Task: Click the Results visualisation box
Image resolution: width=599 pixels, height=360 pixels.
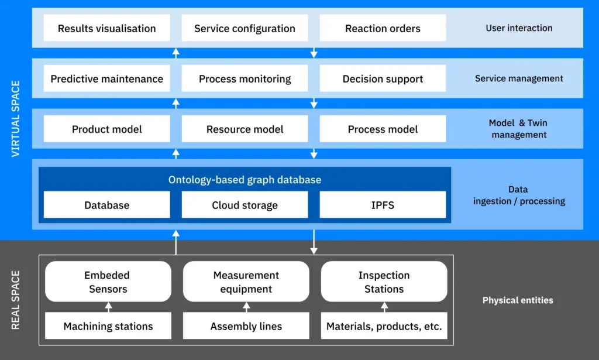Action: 107,28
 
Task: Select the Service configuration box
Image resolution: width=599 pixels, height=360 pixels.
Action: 245,28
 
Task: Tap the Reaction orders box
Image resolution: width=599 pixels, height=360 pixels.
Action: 383,28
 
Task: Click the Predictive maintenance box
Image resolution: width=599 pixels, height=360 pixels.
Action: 107,78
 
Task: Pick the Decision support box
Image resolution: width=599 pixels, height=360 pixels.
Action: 383,78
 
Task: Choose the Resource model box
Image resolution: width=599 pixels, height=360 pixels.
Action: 245,129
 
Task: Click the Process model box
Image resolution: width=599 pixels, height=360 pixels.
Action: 383,129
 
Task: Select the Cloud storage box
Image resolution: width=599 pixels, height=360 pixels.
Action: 245,205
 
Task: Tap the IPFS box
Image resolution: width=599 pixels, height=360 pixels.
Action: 383,205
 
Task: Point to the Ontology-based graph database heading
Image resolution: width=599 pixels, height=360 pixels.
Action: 245,180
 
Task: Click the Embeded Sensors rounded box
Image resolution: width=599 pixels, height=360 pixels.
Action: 108,282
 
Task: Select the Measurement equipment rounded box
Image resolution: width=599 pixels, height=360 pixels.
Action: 246,282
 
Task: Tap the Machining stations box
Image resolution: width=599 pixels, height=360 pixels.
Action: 108,326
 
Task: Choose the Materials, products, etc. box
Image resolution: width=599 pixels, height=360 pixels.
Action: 384,326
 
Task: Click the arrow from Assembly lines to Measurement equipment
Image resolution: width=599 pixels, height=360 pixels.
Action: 246,307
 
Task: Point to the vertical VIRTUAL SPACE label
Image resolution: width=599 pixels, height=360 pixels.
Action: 16,119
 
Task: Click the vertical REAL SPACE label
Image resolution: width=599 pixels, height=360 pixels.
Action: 16,300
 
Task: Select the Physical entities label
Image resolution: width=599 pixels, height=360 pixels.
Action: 517,300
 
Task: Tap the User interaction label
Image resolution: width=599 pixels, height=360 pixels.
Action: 518,28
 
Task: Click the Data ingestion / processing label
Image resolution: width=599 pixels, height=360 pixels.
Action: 518,196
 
